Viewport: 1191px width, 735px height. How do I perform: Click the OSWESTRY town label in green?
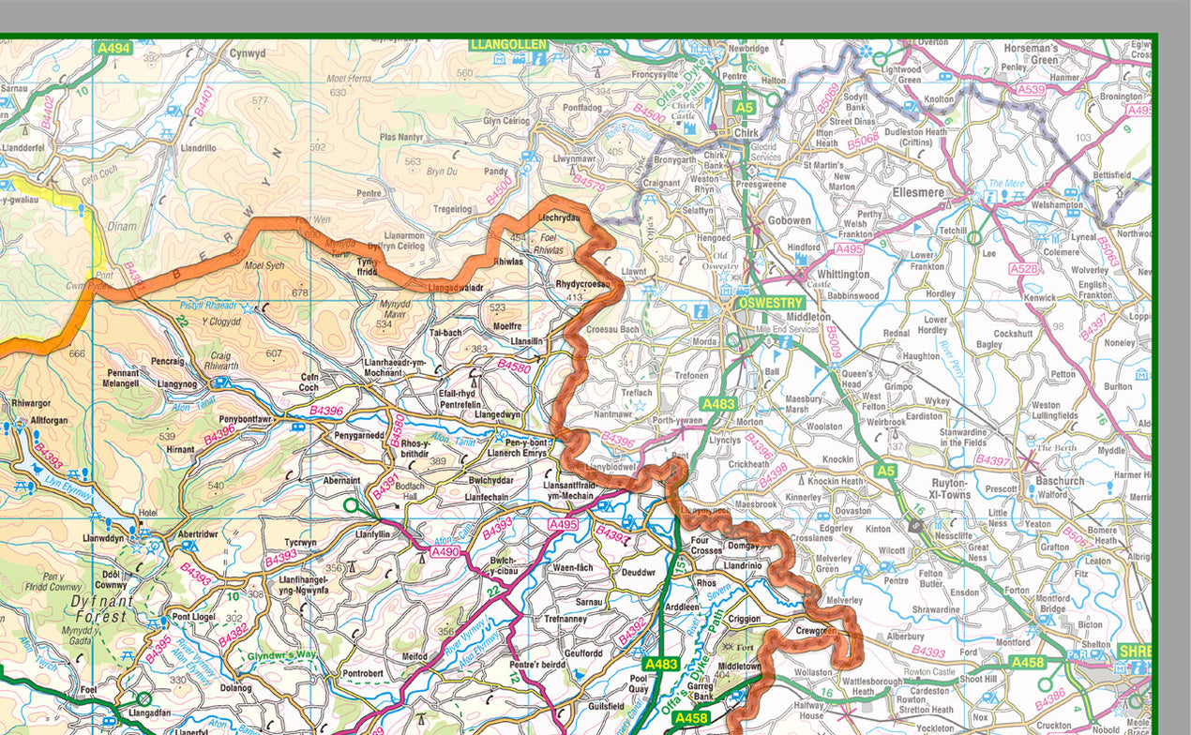[771, 303]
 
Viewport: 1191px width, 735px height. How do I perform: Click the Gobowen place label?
[789, 220]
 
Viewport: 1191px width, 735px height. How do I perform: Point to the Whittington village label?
[843, 275]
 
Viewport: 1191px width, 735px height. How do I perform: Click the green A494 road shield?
[114, 47]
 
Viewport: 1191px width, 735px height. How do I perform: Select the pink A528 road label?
[1024, 269]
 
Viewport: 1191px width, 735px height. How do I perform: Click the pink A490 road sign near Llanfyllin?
[445, 553]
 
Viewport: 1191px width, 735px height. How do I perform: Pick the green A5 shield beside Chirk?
[744, 108]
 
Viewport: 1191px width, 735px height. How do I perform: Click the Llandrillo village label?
[197, 148]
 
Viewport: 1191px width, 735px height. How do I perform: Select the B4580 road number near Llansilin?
[514, 367]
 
